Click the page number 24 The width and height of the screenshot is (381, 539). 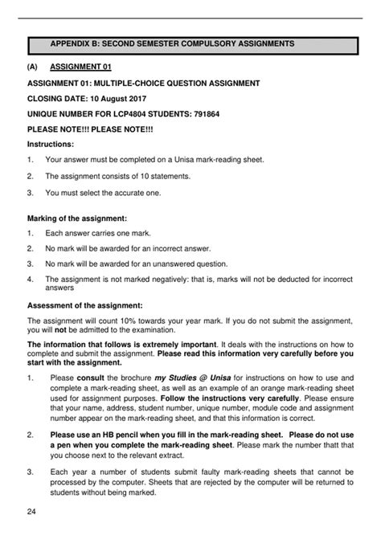31,512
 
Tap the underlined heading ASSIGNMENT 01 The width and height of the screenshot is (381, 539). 80,67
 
